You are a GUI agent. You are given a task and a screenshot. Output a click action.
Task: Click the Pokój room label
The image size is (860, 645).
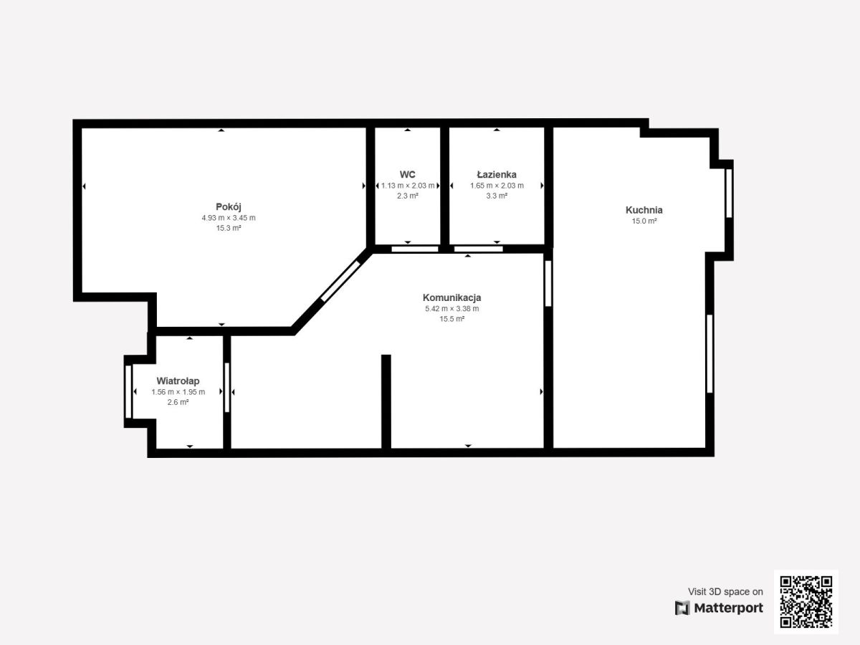tap(229, 207)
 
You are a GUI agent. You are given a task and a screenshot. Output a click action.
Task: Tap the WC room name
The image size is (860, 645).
tap(408, 174)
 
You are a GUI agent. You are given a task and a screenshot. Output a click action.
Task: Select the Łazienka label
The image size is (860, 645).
tap(497, 174)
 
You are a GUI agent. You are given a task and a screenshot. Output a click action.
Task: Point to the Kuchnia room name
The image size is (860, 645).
tap(644, 210)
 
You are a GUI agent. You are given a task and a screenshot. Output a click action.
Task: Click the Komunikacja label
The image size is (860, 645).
tap(451, 297)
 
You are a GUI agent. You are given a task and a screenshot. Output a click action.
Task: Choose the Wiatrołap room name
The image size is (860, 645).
tap(178, 381)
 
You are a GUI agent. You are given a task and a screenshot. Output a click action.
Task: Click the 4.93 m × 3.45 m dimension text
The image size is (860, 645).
tap(229, 218)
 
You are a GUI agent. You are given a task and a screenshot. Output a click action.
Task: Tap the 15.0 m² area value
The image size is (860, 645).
tap(644, 221)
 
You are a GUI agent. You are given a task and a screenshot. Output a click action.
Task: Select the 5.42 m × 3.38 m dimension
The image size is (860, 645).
tap(451, 309)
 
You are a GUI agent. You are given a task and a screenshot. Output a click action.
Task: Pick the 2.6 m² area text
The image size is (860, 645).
tap(178, 402)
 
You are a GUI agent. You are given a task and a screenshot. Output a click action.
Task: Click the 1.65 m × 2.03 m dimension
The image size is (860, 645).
tap(497, 186)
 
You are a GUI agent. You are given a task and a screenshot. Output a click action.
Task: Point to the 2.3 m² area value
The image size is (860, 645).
tap(408, 196)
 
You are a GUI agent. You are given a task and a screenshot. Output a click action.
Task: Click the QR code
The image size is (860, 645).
tap(806, 601)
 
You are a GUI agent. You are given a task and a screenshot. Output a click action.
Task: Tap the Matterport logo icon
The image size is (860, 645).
tap(682, 608)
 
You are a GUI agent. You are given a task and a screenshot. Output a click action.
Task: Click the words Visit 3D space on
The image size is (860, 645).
tap(725, 591)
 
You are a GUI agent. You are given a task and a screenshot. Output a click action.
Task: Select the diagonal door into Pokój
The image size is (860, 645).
tap(340, 281)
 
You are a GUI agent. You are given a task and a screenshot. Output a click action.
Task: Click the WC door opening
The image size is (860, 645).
tap(414, 249)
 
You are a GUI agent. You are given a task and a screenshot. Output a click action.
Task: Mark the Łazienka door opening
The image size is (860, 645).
tap(479, 249)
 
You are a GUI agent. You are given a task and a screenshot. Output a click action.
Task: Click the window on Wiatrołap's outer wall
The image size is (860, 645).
tap(128, 391)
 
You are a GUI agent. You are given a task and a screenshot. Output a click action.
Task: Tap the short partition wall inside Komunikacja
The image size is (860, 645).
tap(386, 401)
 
